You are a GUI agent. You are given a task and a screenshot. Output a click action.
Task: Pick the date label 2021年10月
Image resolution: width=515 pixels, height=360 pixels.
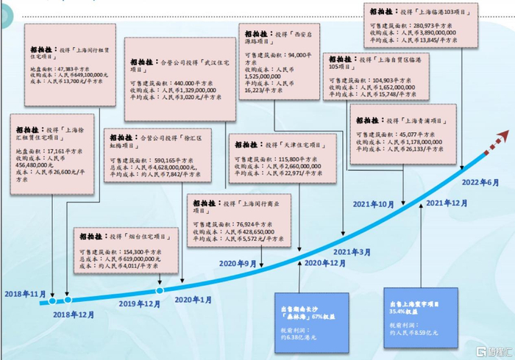point(373,204)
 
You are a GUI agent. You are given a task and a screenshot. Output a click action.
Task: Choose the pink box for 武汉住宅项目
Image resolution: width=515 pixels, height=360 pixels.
point(174,79)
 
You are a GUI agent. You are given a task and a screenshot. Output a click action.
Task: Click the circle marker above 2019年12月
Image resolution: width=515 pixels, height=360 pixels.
point(159,291)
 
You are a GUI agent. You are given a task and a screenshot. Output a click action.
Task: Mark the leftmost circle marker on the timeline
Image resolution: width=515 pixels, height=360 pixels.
point(51,300)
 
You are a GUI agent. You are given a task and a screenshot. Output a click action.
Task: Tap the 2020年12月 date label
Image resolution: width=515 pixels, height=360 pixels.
point(325,262)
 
